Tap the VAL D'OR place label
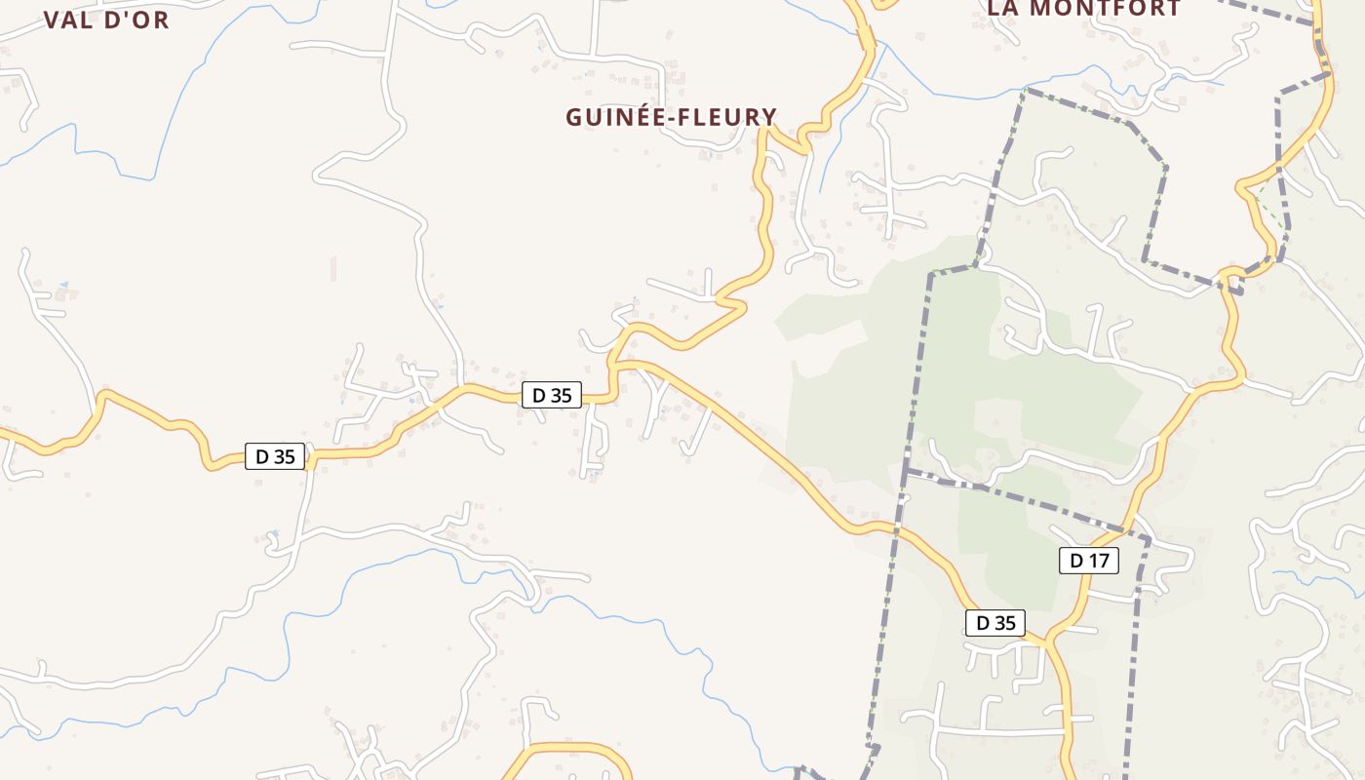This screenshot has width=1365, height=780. [106, 19]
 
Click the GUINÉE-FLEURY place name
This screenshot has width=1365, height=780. [672, 117]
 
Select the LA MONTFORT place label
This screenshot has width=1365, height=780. [1084, 9]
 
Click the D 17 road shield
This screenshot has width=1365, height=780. [1088, 561]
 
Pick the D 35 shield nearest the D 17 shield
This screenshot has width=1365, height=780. [995, 623]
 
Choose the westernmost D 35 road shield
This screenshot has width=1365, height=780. [275, 456]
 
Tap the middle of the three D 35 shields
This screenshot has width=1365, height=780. [552, 395]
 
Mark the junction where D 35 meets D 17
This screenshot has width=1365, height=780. [1047, 642]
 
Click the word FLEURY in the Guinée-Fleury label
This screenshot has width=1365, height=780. [729, 117]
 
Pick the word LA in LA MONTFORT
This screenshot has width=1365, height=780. [1004, 9]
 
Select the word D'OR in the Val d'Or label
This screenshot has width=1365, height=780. [136, 19]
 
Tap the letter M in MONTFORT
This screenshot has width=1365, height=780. [1041, 9]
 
